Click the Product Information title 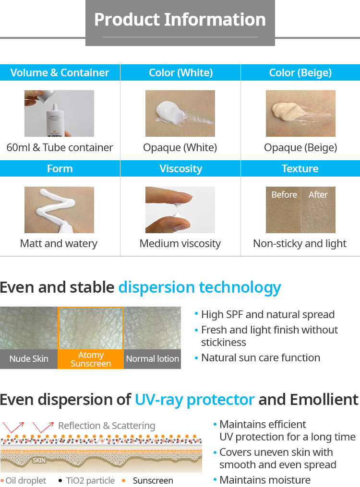(x=180, y=20)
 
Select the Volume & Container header (x=60, y=72)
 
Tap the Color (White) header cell (x=180, y=72)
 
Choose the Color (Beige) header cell (x=300, y=72)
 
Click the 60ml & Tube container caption (x=60, y=147)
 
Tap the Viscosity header (x=180, y=168)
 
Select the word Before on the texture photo (x=284, y=195)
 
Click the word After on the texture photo (x=318, y=195)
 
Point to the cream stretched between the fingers (x=178, y=211)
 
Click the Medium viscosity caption (x=180, y=244)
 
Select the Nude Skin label (x=29, y=359)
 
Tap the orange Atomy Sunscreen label (x=91, y=359)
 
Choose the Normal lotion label (x=153, y=359)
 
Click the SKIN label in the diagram (x=39, y=460)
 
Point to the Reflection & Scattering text (x=107, y=426)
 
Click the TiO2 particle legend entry (x=87, y=481)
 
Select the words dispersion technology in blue (x=200, y=287)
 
